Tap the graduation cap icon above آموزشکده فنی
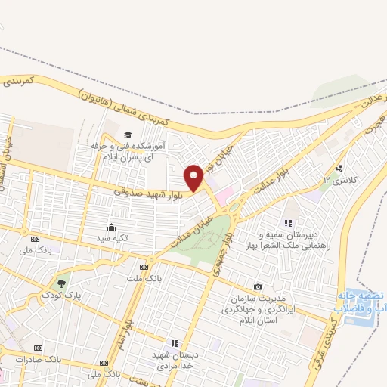126,135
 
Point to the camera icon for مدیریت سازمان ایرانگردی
259,286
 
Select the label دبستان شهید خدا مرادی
175,359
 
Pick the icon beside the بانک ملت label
144,267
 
